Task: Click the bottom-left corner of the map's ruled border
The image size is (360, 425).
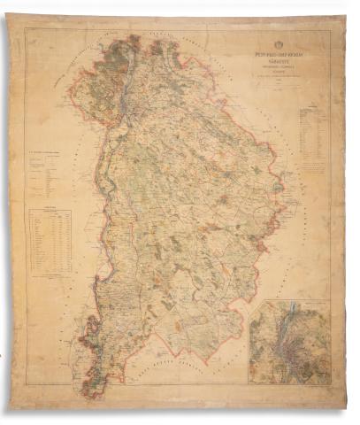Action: pos(25,387)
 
